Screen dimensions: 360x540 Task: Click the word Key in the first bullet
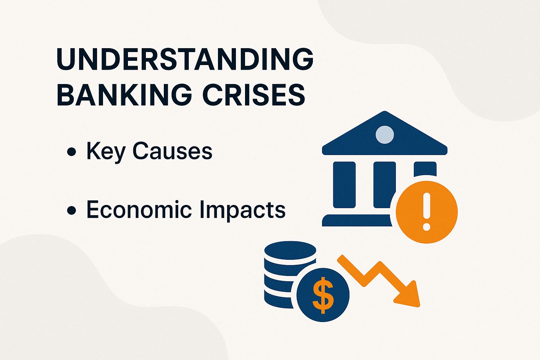coord(106,152)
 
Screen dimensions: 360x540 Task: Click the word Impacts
coord(243,210)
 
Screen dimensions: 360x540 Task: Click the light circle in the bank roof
coord(385,134)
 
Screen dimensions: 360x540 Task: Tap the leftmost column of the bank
coord(344,185)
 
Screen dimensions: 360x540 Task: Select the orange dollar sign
coord(323,295)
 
